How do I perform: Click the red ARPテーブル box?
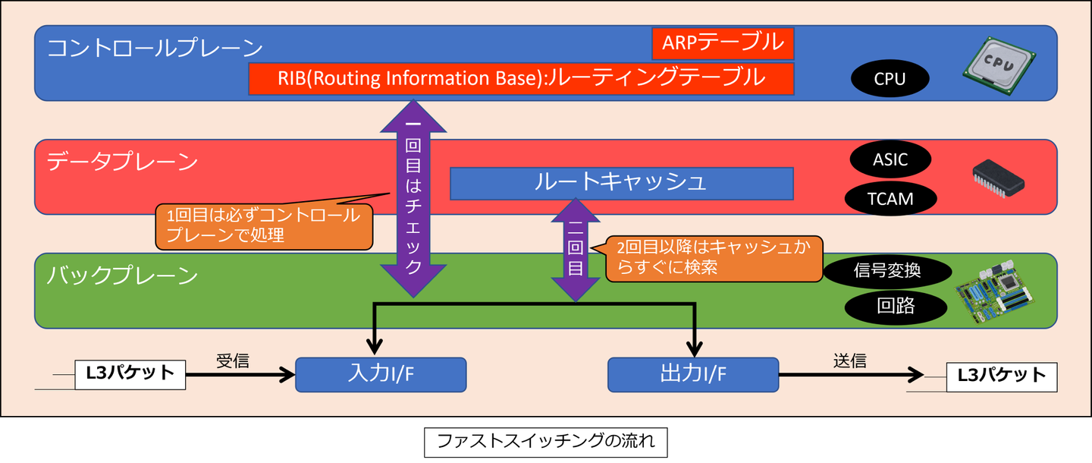point(723,43)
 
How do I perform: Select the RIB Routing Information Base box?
point(521,79)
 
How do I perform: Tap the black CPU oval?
point(890,79)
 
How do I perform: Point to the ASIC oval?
point(890,160)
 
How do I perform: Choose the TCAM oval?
point(890,199)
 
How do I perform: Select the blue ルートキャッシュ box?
point(621,183)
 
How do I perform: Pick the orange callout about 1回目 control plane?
point(264,225)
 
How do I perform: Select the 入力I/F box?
point(380,374)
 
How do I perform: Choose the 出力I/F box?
point(693,374)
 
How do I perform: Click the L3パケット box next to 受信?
point(130,374)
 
